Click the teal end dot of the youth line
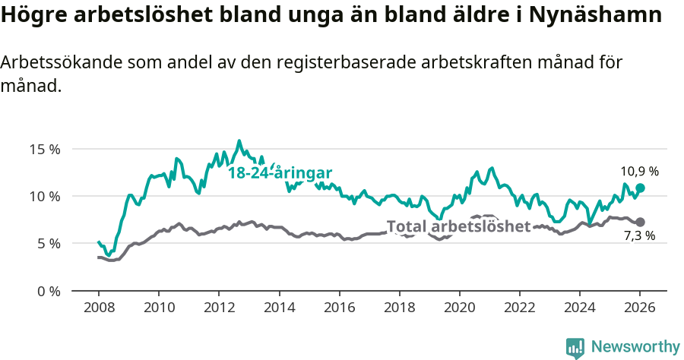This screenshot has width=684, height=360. click(640, 188)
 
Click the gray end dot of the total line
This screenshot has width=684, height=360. click(640, 222)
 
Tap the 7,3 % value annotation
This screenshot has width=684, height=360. click(639, 236)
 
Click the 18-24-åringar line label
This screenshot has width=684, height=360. click(280, 172)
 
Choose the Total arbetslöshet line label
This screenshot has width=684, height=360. click(458, 226)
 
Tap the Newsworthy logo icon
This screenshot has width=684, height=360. click(575, 348)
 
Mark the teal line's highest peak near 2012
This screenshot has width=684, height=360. click(239, 141)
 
